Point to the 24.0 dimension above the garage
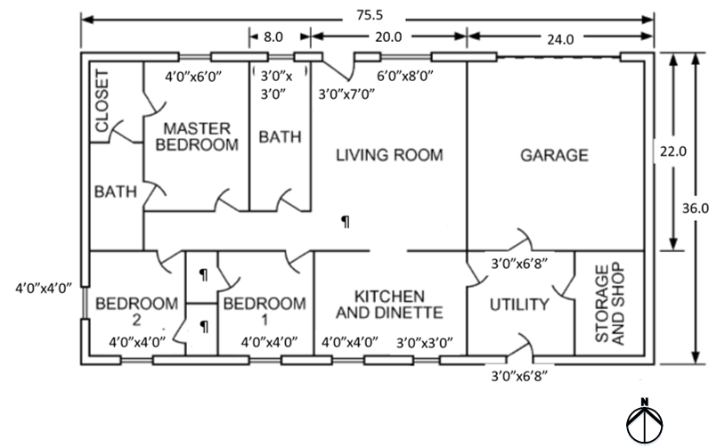click(559, 38)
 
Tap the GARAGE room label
click(554, 155)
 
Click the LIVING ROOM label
click(389, 155)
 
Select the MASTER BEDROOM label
click(197, 135)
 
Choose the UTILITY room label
click(519, 305)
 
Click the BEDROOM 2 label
click(125, 310)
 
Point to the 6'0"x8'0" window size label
click(405, 77)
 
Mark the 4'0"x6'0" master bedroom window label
click(197, 77)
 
